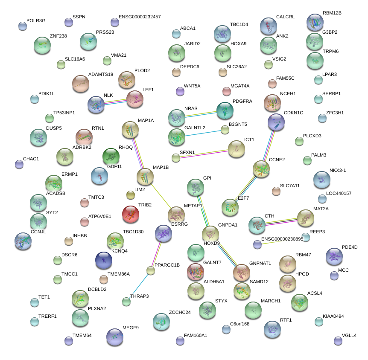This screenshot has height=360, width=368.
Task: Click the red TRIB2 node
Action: [130, 215]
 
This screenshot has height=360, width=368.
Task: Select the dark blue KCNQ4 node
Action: [103, 261]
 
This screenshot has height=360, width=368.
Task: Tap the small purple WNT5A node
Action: [180, 91]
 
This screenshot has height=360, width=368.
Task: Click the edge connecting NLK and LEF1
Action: [115, 102]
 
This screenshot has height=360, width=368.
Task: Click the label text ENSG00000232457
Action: [140, 17]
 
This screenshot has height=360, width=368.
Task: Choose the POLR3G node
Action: [23, 26]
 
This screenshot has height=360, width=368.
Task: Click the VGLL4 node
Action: [338, 340]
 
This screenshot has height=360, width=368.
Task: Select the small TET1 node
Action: [35, 303]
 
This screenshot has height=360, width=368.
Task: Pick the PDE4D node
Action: [334, 256]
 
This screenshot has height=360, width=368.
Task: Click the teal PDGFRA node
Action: [225, 111]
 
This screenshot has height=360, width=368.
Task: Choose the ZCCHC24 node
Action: [161, 322]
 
